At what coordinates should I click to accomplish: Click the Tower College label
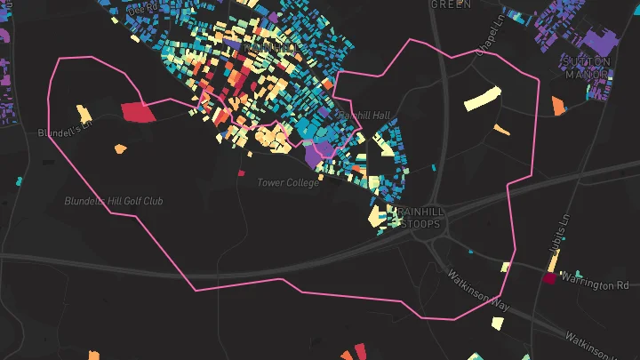tap(288, 183)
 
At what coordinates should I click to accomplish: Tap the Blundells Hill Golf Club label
tap(114, 202)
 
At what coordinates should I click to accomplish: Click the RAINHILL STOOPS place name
tap(419, 219)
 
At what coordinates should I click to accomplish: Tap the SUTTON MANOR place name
tap(587, 68)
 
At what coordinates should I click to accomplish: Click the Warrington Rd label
tap(598, 285)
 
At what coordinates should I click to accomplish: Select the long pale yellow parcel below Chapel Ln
tap(482, 98)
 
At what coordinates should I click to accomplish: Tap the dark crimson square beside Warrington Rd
tap(548, 279)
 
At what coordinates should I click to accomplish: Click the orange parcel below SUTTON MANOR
tap(558, 106)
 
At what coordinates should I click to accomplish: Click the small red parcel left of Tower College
tap(241, 173)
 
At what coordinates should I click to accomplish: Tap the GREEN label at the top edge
tap(451, 4)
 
